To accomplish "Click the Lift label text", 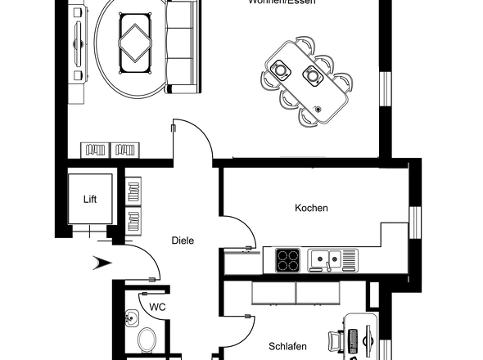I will coord(90,199).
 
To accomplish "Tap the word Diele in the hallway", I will coord(183,241).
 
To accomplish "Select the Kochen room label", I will coord(311,208).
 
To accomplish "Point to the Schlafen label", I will coord(288,346).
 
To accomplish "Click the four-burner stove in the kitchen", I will coord(288,260).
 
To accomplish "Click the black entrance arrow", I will coord(102,263).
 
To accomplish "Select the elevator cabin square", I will coord(90,199).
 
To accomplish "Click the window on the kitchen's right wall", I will coord(413,225).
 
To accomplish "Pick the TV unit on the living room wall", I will coord(79,49).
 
